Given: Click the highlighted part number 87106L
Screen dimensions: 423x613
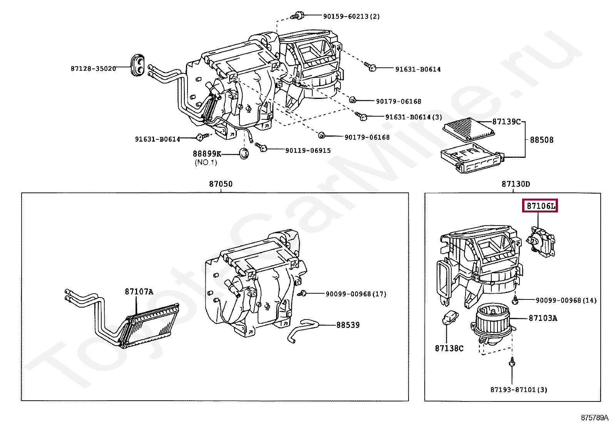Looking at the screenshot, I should [541, 206].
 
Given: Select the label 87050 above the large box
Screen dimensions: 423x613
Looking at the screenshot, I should [221, 184].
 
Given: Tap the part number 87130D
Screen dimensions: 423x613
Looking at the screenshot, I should [516, 184].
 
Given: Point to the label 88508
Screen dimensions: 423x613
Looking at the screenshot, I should [541, 140].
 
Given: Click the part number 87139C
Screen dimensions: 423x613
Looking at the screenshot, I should [506, 122].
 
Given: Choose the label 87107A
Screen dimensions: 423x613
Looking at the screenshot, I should [139, 292].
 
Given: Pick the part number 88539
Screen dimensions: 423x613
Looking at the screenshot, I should [348, 325].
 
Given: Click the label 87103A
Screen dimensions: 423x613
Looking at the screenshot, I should [543, 318].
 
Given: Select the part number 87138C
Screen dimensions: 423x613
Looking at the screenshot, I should [449, 348].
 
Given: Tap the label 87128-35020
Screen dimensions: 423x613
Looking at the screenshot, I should [93, 69].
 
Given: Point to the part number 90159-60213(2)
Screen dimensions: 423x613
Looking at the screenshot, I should [351, 16].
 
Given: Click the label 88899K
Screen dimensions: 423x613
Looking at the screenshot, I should [207, 154].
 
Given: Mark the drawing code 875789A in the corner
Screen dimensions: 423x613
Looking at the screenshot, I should [595, 417].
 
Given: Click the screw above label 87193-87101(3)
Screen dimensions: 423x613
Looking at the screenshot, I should [512, 362].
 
